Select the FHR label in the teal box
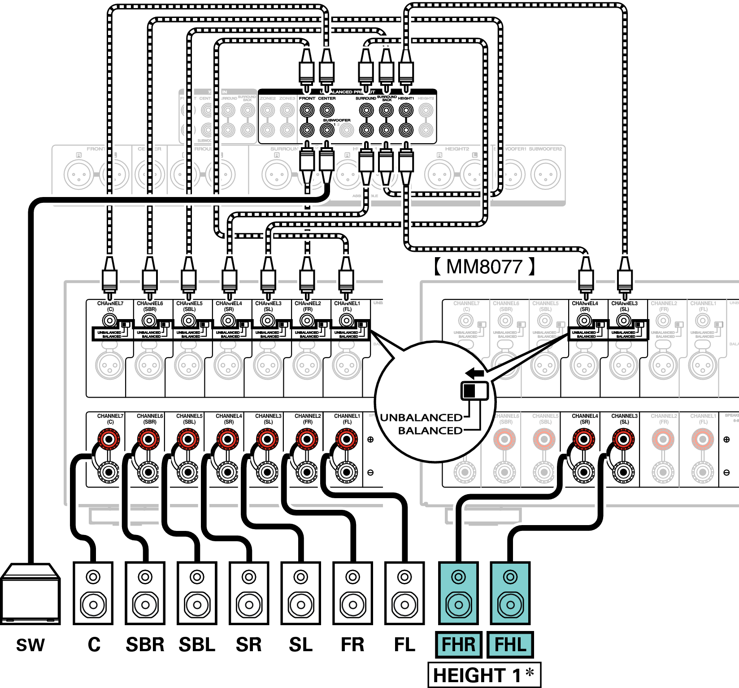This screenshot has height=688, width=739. pos(458,644)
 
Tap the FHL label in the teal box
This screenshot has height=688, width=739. pos(510,644)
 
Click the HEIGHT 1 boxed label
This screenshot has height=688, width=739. pos(484,675)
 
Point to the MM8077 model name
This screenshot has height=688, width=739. pos(484,267)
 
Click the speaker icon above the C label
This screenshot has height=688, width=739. pos(93,593)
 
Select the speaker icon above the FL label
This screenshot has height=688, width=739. pos(404,593)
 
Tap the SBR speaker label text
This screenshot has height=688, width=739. pos(145,644)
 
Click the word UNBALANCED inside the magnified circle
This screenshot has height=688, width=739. pos(421,417)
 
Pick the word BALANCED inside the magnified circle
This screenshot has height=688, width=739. pos(430,430)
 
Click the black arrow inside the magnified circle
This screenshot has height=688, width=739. pos(474,373)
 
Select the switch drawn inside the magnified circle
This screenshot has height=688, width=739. pos(475,390)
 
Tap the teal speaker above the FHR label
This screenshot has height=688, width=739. pos(458,593)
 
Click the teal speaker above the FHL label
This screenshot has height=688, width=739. pos(510,593)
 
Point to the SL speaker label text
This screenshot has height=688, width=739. pos(300,644)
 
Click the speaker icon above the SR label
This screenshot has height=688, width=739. pos(249,593)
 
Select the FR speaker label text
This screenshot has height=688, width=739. pos(352,644)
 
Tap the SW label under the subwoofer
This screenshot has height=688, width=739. pos(30,645)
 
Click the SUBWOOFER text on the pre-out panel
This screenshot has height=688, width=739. pos(337,120)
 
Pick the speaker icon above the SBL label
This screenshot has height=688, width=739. pos(197,593)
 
